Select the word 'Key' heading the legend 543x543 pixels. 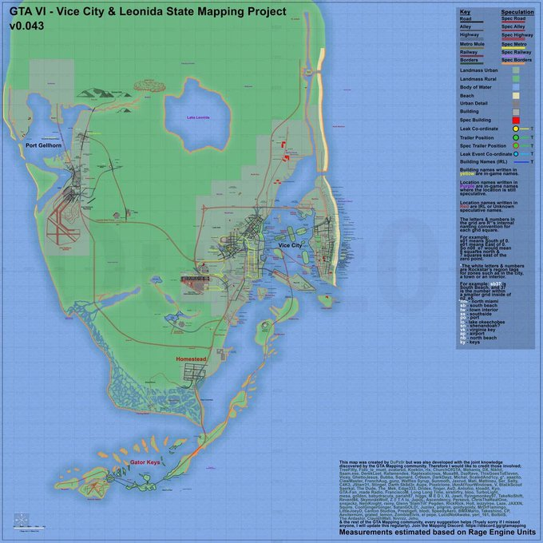click(x=465, y=12)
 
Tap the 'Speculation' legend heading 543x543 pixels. click(x=516, y=12)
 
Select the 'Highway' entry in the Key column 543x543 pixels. click(x=469, y=36)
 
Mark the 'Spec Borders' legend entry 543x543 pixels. click(x=517, y=60)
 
